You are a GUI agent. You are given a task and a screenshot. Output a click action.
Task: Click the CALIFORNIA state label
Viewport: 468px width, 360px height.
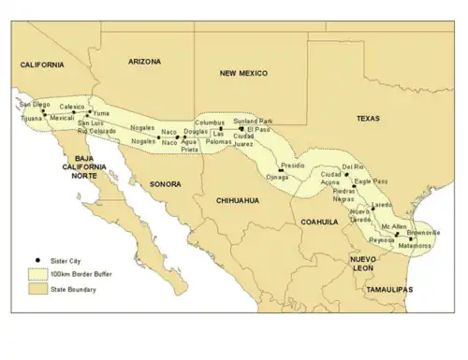[x=43, y=65]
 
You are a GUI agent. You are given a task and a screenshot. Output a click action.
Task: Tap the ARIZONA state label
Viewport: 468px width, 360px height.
[x=144, y=61]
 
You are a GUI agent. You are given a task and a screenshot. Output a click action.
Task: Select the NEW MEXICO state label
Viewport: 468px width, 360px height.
[x=243, y=72]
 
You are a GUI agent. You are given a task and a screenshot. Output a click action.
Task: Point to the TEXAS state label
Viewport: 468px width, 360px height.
[x=368, y=119]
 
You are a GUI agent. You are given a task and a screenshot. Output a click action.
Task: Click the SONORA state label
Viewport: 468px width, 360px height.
[x=165, y=184]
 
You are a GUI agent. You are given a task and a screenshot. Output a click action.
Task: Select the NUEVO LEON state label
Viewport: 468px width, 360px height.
[x=362, y=263]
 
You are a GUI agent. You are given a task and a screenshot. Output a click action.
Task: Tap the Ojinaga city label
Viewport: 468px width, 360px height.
[x=278, y=177]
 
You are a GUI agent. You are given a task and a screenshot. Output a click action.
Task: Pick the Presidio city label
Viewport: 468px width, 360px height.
[x=293, y=165]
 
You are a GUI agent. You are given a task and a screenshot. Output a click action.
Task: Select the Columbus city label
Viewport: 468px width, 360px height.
[x=211, y=122]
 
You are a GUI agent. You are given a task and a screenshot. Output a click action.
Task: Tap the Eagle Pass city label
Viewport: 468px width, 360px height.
[x=372, y=180]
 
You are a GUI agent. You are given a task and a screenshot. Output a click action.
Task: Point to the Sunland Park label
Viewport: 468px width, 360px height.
[x=253, y=122]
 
